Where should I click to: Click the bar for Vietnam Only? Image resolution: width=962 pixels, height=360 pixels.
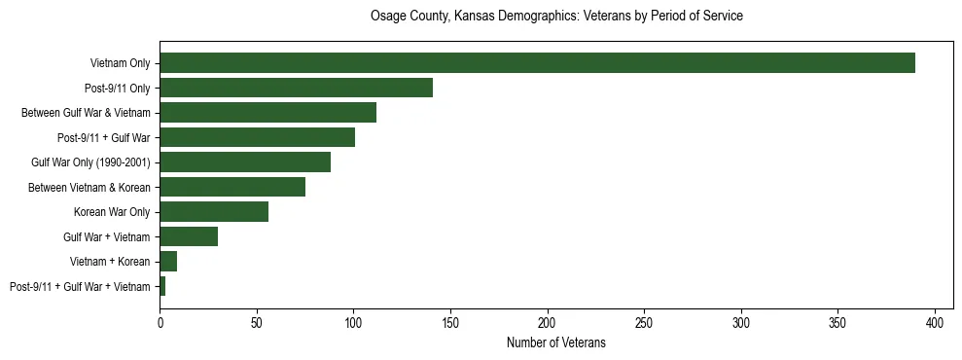pos(537,63)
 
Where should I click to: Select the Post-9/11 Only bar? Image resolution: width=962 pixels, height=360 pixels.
pos(296,89)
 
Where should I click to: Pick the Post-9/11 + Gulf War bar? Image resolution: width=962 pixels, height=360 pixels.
pos(257,137)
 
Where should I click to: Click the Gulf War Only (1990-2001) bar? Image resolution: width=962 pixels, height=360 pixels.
pos(245,162)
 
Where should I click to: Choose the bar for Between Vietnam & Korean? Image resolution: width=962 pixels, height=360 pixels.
pos(232,187)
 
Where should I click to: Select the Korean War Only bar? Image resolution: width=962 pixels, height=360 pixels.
pos(214,212)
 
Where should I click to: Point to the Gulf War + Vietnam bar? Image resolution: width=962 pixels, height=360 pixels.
pos(189,236)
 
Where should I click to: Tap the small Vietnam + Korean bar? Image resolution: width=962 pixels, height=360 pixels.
pos(168,262)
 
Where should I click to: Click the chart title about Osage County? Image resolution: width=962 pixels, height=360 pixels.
pos(556,17)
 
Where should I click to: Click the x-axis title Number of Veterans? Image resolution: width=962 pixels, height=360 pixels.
pos(556,342)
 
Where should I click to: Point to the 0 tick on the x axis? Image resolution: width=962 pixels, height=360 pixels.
pos(160,320)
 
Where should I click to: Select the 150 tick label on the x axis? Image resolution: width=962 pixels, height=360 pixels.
pos(450,320)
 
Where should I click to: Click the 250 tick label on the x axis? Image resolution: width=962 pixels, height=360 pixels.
pos(645,320)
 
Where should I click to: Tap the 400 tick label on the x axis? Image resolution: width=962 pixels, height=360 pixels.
pos(936,320)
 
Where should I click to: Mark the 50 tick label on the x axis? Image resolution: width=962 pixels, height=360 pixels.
pos(257,320)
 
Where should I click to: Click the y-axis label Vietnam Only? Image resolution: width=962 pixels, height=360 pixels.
pos(120,63)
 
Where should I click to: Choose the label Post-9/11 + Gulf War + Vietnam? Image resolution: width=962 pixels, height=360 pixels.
pos(80,286)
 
